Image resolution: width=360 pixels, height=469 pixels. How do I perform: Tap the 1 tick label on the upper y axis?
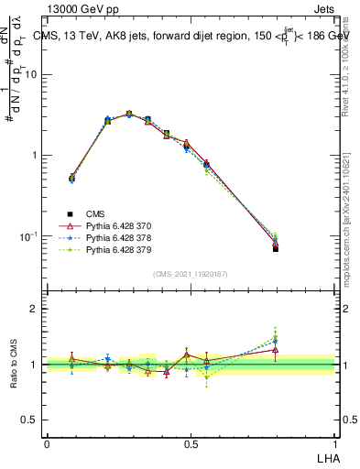coord(35,155)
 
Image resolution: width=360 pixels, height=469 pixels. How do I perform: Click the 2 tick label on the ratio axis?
coord(35,309)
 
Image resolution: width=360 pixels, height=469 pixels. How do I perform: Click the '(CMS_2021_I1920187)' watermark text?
coord(191,274)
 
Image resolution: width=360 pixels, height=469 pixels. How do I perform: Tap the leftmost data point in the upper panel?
coord(72,179)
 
